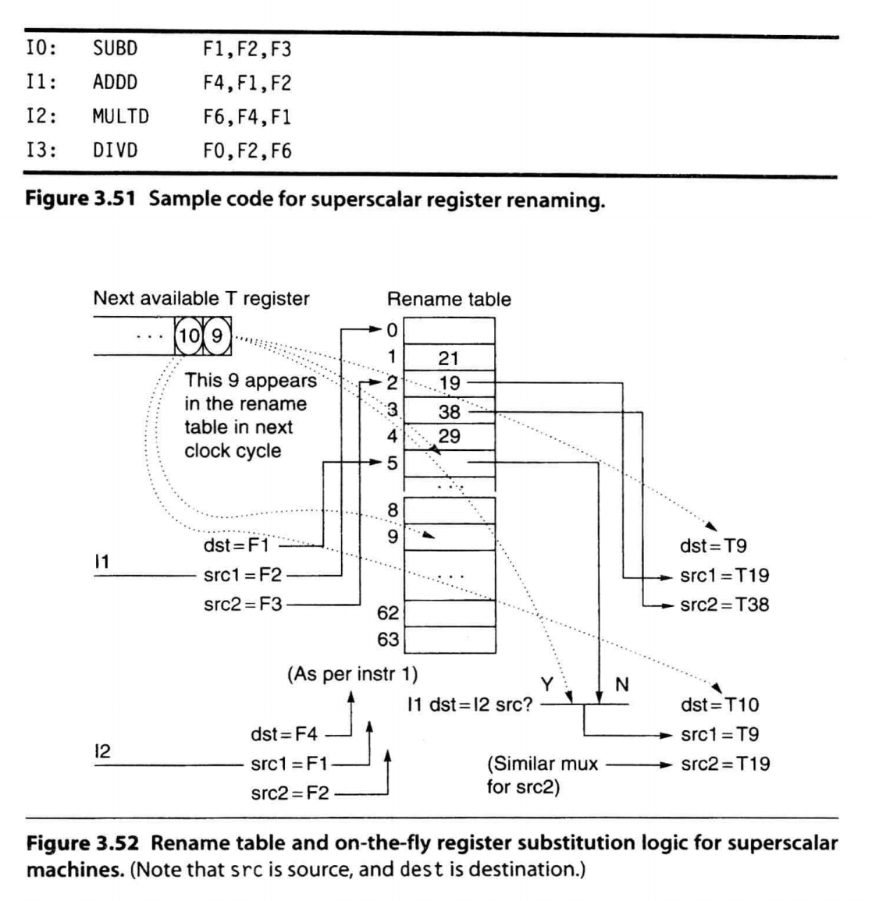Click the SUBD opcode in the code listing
115,49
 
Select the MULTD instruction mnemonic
120,117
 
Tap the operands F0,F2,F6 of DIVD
247,151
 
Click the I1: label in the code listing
41,83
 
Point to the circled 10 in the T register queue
188,336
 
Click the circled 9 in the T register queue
217,336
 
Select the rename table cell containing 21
449,359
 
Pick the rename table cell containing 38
449,411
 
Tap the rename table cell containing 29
449,436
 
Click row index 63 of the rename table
388,640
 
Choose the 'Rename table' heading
449,300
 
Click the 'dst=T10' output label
719,705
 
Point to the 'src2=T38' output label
724,605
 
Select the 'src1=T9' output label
719,735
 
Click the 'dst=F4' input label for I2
284,734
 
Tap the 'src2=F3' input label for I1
243,604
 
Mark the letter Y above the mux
547,684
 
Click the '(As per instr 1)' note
353,673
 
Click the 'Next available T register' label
201,299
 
